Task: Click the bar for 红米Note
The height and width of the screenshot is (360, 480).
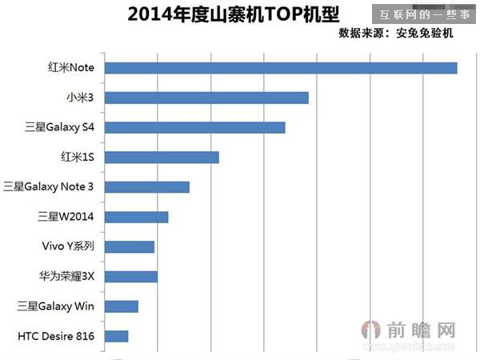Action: coord(281,68)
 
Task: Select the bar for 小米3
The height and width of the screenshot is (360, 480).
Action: coord(206,98)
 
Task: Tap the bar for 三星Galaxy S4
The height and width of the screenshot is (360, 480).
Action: coord(195,127)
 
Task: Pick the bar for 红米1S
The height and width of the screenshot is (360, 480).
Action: coord(162,157)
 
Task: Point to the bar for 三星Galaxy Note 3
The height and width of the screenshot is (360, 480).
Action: coord(147,187)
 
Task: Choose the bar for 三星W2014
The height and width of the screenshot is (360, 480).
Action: coord(137,217)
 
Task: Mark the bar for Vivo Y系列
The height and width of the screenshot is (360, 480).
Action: coord(130,246)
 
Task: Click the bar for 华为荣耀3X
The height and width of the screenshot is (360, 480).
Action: coord(131,277)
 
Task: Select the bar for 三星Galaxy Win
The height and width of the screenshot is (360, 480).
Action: coord(122,306)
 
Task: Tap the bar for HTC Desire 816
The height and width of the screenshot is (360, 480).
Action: coord(117,336)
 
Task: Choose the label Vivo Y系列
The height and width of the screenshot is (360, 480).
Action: coord(68,246)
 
